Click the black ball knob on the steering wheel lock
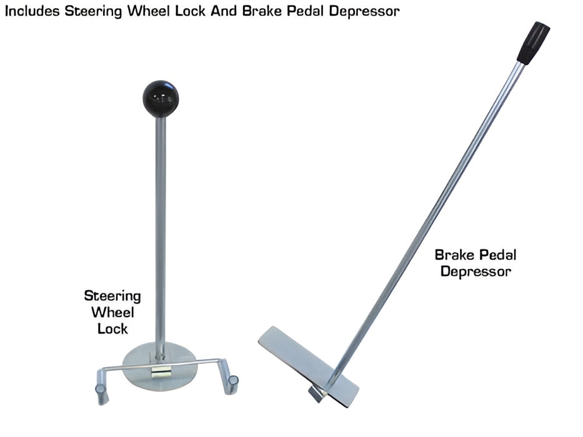click(161, 99)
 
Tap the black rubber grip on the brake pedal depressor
click(533, 42)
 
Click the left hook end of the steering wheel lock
click(102, 390)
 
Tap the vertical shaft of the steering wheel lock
click(161, 238)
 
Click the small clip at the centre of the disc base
click(161, 372)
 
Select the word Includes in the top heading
click(32, 11)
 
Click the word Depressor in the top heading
click(364, 12)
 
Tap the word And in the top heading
click(224, 11)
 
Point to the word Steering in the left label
click(112, 297)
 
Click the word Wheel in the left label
click(112, 312)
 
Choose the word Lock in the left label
click(112, 329)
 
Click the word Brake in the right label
click(454, 255)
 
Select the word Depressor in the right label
click(476, 272)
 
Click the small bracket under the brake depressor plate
click(317, 394)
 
